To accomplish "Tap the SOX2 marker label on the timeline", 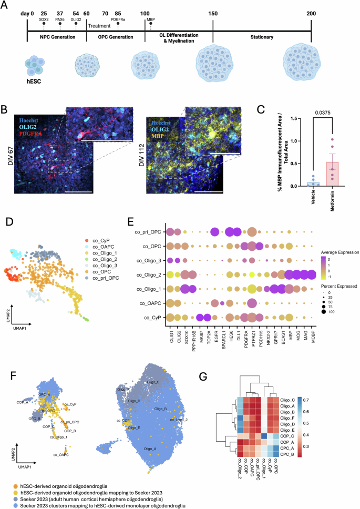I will [x=44, y=18].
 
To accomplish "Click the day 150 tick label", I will [x=213, y=13].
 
